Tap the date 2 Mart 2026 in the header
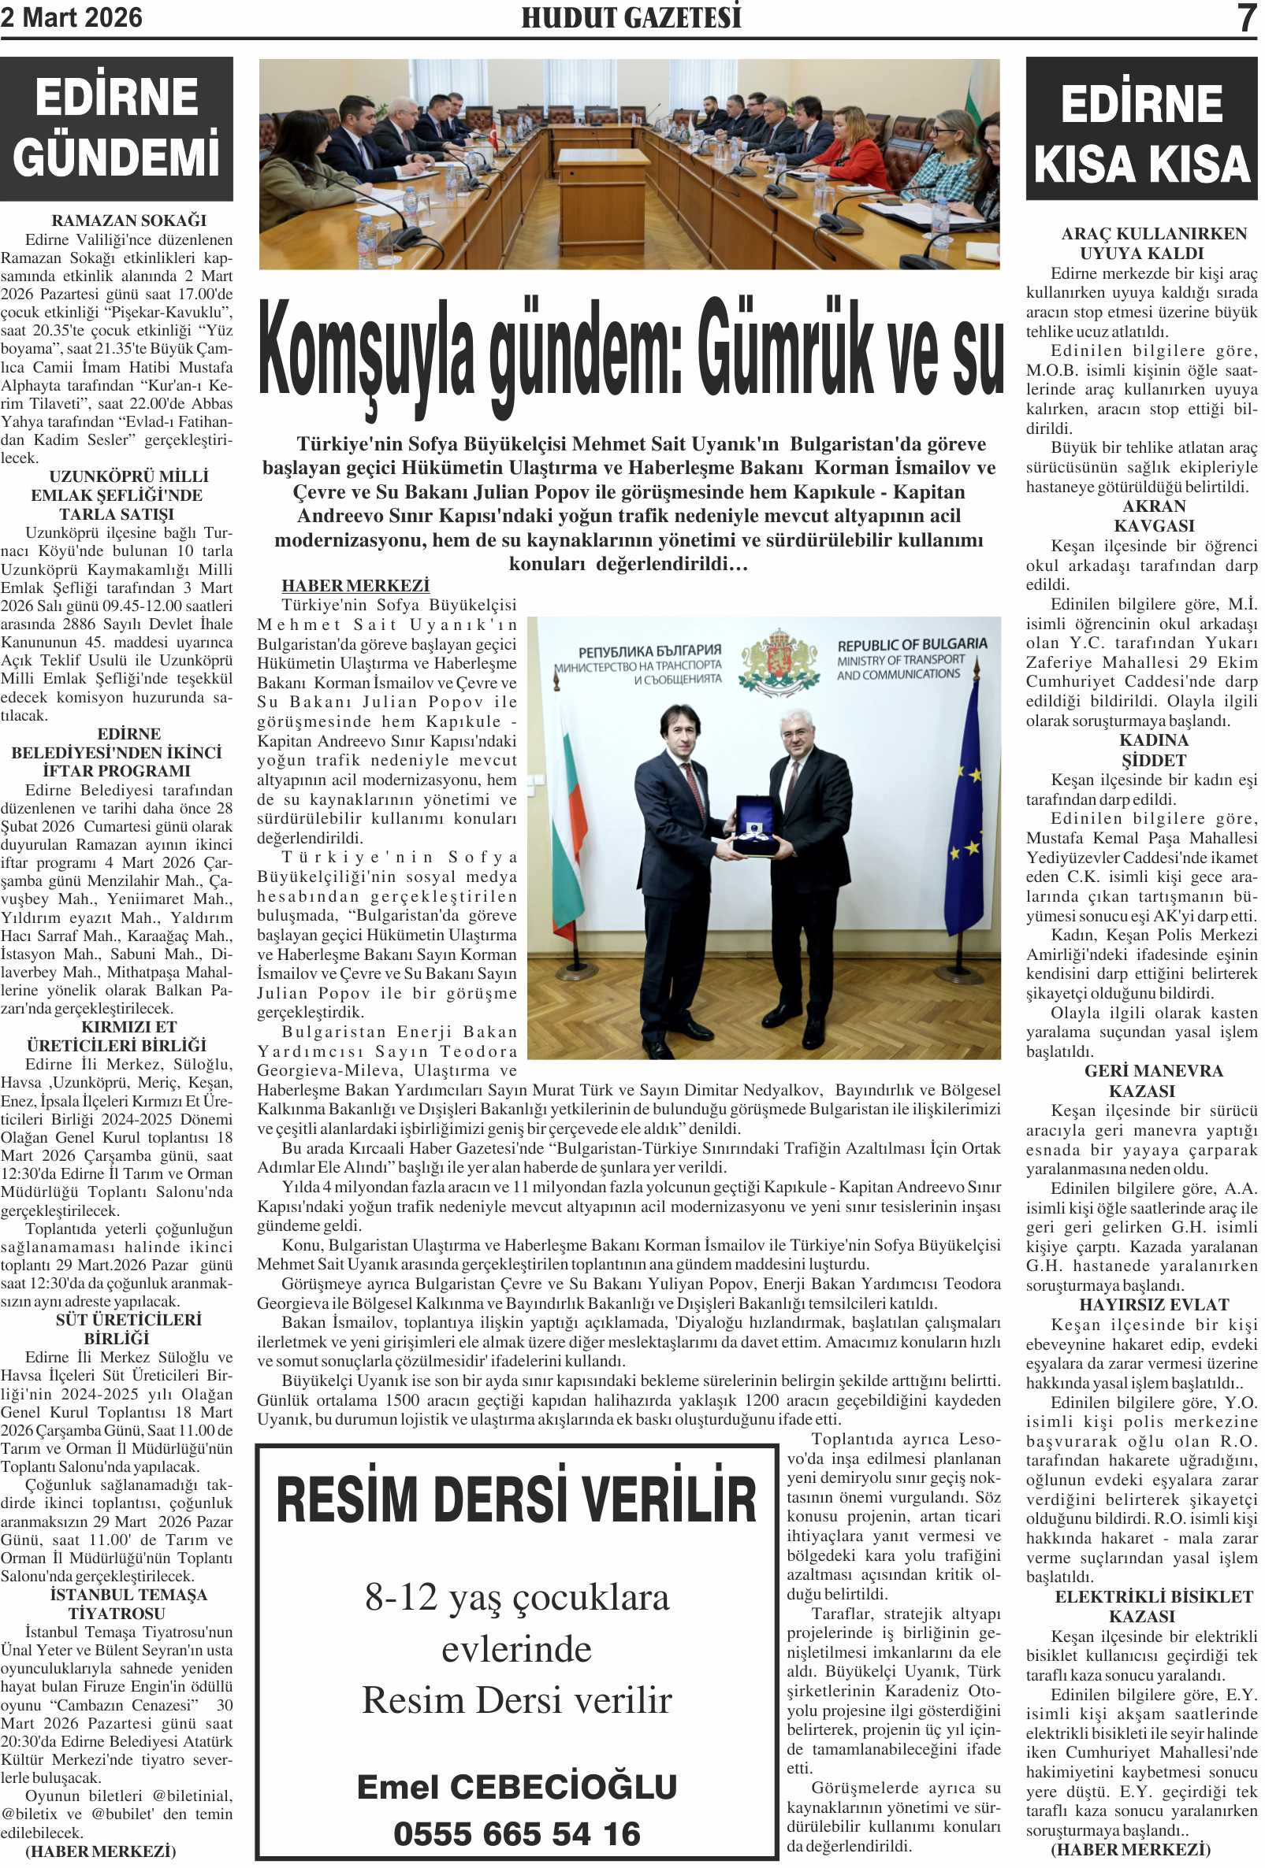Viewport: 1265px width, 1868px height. coord(72,17)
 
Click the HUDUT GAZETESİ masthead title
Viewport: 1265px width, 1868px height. coord(631,17)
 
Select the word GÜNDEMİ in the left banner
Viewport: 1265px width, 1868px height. coord(117,156)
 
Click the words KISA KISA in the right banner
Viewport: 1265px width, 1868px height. coord(1141,164)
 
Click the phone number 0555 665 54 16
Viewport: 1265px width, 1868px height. coord(516,1833)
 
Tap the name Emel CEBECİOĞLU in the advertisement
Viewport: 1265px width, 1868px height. coord(516,1786)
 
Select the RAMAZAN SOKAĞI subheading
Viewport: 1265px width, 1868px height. coord(128,221)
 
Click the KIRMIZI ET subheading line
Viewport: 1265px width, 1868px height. coord(128,1026)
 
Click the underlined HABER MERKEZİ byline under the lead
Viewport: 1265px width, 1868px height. coord(355,586)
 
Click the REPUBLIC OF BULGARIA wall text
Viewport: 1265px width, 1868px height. coord(912,645)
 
